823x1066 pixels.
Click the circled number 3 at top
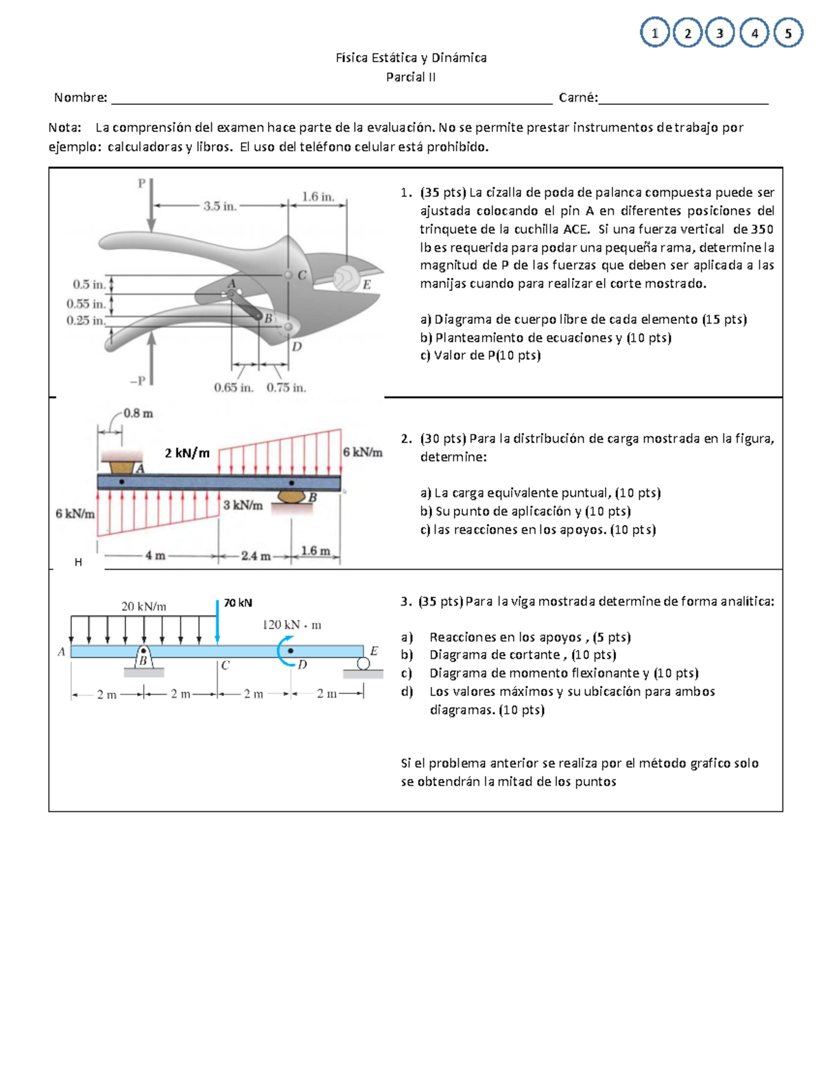pos(719,33)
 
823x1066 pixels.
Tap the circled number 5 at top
pos(788,33)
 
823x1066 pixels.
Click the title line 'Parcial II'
pos(410,77)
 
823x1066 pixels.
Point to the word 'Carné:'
pos(578,97)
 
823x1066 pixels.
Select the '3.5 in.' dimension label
pos(219,205)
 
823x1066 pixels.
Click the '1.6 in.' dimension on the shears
pos(318,197)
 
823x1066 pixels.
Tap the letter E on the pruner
pos(367,284)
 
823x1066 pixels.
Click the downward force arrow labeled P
pos(152,206)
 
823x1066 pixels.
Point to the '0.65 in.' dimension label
pos(233,388)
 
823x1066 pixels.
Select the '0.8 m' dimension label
pos(138,413)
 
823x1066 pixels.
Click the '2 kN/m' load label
pos(187,452)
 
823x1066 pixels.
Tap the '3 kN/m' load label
pos(243,505)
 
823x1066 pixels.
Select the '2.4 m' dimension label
pos(255,556)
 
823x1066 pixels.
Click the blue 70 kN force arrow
pos(217,622)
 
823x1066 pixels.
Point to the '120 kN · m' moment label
pos(291,625)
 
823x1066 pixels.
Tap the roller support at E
pos(363,664)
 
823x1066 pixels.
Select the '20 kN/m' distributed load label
pos(143,606)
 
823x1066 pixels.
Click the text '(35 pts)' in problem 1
pos(442,193)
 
